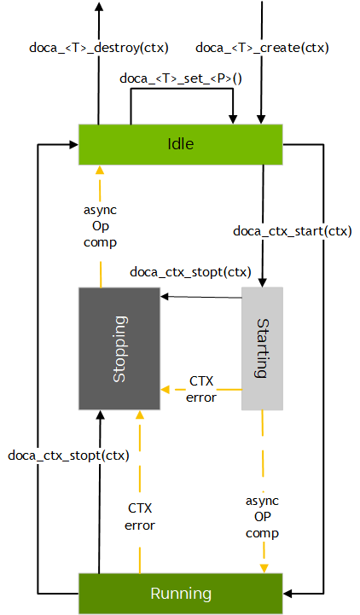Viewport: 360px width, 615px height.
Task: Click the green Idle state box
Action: coord(180,144)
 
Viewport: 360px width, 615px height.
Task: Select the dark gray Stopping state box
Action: coord(119,348)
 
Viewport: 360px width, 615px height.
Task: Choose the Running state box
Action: coord(180,594)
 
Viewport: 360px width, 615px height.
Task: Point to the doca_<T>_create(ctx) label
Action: coord(262,47)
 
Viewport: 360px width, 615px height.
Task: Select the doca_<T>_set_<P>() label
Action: coord(181,78)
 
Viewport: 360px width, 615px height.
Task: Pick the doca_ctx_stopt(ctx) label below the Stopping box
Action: coord(69,455)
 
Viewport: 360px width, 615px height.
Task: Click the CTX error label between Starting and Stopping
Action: coord(202,388)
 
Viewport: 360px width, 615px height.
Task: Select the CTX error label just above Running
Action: coord(140,517)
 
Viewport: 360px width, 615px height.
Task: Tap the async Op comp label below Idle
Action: coord(101,226)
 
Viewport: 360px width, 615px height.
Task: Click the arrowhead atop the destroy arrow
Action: coord(98,7)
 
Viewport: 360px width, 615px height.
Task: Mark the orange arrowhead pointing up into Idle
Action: coord(100,169)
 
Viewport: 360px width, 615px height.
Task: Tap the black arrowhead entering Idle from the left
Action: coord(74,145)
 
